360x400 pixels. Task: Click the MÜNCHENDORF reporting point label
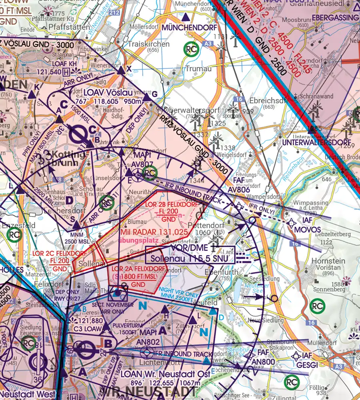(x=189, y=28)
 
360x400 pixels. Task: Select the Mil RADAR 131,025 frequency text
(x=154, y=232)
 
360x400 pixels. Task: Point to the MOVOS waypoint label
(x=307, y=230)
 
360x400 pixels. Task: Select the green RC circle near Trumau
(x=192, y=49)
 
